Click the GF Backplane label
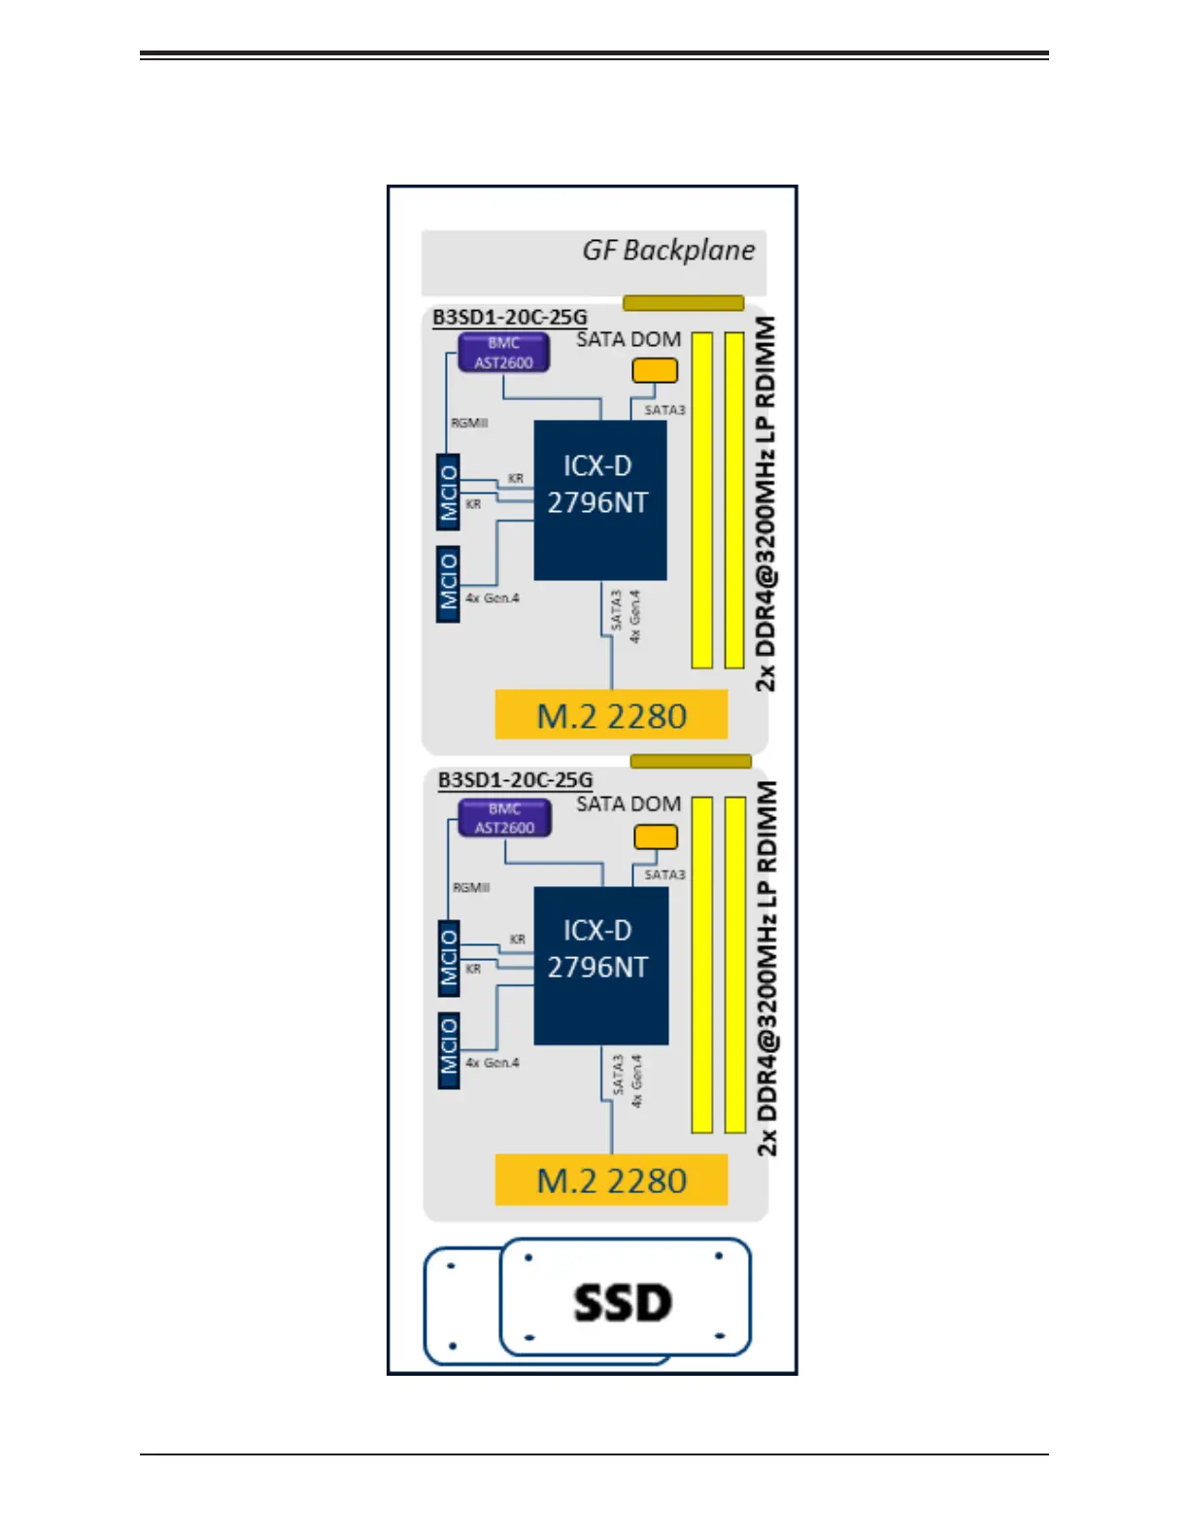(x=668, y=251)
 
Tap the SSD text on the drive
(x=623, y=1303)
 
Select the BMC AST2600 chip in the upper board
(x=503, y=353)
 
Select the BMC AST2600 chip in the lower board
(x=504, y=818)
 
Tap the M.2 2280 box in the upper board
(x=611, y=715)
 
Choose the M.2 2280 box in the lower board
(x=611, y=1180)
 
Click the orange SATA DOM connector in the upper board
(x=655, y=370)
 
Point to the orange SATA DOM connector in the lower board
(x=656, y=837)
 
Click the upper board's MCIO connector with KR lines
(x=448, y=493)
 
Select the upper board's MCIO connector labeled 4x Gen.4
(x=448, y=584)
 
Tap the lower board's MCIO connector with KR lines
(x=449, y=958)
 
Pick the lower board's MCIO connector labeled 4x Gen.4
(x=449, y=1049)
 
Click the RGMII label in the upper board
(x=469, y=423)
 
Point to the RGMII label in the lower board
(x=471, y=887)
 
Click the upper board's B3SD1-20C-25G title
(x=510, y=317)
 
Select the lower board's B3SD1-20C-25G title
(x=515, y=780)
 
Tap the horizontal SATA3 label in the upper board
(x=664, y=410)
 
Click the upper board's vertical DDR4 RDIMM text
(x=766, y=502)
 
